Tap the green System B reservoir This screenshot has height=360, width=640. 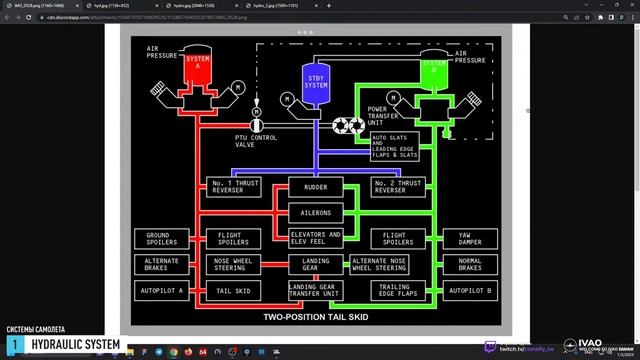coord(433,70)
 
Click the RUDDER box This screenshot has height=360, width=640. coord(315,187)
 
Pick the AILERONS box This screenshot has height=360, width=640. coord(315,212)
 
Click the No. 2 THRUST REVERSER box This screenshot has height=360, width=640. coord(398,187)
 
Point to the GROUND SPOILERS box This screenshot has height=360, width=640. coord(159,240)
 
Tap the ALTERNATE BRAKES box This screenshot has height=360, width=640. coord(159,265)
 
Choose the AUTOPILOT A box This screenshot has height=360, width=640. coord(159,291)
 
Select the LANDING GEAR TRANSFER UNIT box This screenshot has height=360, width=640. coord(315,291)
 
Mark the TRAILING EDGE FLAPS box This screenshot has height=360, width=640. coord(398,291)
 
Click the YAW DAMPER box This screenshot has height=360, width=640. coord(470,240)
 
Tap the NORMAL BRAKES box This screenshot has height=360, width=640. coord(470,265)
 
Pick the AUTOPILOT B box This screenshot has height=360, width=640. coord(470,291)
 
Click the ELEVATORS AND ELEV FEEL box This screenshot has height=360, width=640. coord(315,240)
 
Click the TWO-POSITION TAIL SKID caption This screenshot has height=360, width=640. coord(316,317)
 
